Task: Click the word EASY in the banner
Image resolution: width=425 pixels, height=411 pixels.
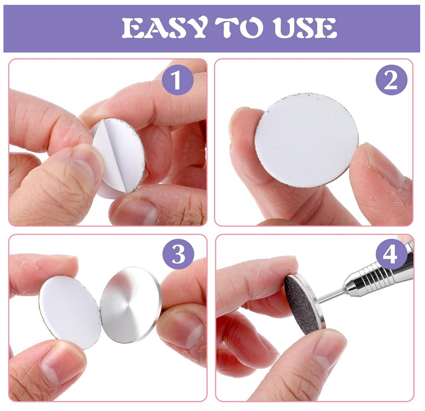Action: [164, 28]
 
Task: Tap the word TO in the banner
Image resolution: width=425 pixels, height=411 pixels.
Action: [239, 28]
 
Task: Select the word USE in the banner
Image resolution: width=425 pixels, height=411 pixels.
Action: [305, 28]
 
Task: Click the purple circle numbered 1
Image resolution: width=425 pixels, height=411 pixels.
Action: [178, 80]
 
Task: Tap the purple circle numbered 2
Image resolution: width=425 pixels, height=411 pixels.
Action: [391, 80]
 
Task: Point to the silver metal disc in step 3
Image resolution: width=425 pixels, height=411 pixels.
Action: [131, 305]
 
